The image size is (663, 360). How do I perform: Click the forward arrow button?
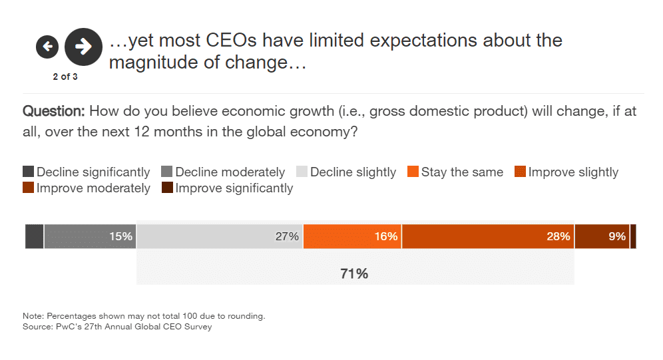(x=83, y=47)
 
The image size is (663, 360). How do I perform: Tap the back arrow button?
(x=47, y=47)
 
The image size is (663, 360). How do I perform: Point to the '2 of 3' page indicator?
(x=65, y=77)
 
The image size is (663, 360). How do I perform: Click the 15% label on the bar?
(x=121, y=236)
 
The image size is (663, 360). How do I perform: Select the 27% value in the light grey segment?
(x=287, y=236)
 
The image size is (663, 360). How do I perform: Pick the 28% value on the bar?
(x=558, y=236)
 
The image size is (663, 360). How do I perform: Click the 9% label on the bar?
(x=617, y=236)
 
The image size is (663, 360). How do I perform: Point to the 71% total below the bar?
(x=355, y=273)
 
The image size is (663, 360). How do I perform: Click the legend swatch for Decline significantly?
(x=29, y=172)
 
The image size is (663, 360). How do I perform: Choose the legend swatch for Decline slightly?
(x=302, y=172)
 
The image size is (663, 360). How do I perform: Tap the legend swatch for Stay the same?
(x=413, y=172)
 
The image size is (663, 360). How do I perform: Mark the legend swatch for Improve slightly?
(x=521, y=172)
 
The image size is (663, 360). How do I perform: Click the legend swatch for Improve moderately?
(x=29, y=188)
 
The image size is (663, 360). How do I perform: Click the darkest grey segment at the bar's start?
(x=35, y=236)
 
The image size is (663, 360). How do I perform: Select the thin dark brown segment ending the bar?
(x=633, y=236)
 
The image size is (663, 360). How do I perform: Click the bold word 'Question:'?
(x=54, y=112)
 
